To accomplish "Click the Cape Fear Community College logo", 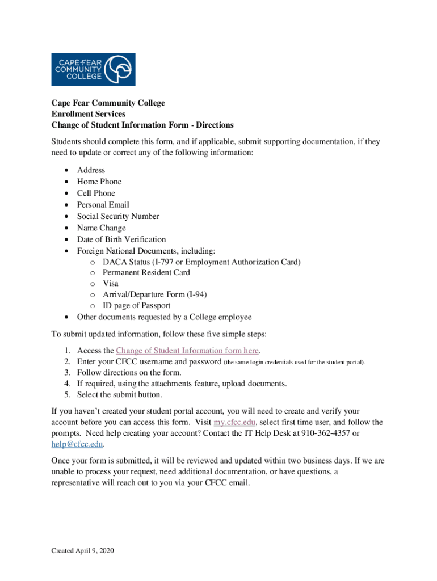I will [94, 69].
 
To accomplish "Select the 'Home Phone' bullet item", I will [99, 182].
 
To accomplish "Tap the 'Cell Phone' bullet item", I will [96, 193].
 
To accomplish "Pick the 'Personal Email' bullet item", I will [103, 205].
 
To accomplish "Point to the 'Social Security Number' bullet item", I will [118, 216].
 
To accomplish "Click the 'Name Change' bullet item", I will [101, 228].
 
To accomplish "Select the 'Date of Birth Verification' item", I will [121, 239].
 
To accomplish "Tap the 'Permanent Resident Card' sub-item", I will [146, 272].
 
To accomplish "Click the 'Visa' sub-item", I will [111, 283].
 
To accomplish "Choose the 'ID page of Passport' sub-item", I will [136, 306].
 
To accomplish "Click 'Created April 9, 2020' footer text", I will [83, 551].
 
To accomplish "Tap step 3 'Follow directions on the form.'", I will [129, 373].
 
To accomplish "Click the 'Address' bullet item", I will [91, 170].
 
